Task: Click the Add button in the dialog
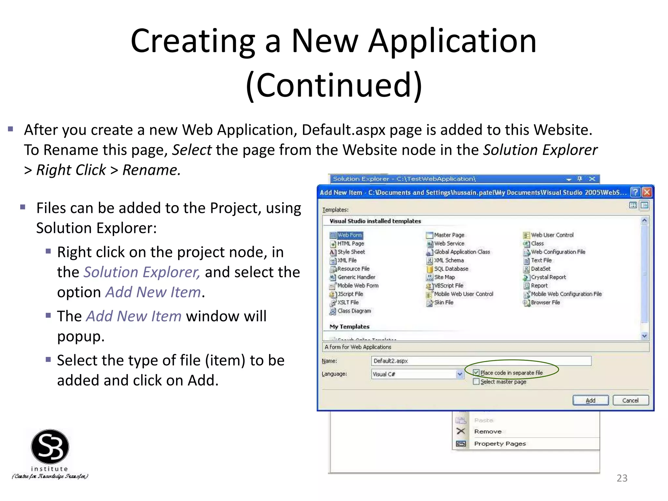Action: click(590, 400)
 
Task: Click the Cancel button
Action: click(630, 400)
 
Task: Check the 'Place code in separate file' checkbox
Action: click(476, 372)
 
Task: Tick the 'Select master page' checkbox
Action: click(476, 382)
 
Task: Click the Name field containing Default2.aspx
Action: click(481, 361)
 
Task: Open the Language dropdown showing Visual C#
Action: click(460, 374)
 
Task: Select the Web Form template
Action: click(349, 235)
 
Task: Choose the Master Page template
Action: click(449, 235)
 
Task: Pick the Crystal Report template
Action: click(548, 277)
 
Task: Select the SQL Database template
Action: click(451, 269)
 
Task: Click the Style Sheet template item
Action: click(351, 252)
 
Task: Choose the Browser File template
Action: click(545, 302)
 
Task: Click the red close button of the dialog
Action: click(647, 192)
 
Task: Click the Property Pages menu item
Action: click(500, 444)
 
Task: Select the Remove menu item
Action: click(488, 432)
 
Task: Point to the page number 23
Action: click(622, 478)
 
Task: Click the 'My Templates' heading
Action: click(349, 326)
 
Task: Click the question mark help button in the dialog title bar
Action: click(635, 192)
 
